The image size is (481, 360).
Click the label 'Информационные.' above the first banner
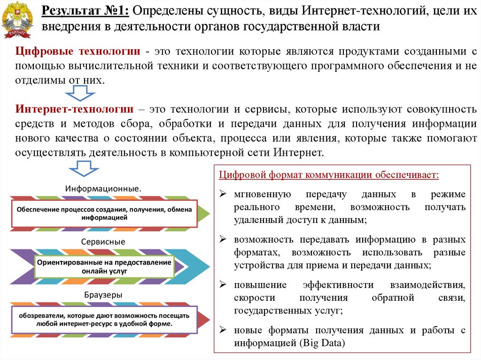tap(103, 188)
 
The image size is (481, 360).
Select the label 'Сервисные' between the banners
tap(103, 242)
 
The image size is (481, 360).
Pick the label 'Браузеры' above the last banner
tap(103, 295)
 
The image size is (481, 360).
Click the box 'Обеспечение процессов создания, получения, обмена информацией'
tap(104, 214)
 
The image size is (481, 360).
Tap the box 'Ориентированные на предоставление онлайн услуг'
tap(104, 267)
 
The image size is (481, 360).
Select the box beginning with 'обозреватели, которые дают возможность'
tap(104, 320)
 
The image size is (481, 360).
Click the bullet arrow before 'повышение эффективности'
tap(223, 285)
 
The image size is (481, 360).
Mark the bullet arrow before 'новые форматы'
tap(223, 330)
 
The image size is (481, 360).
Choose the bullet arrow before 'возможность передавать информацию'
tap(223, 239)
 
